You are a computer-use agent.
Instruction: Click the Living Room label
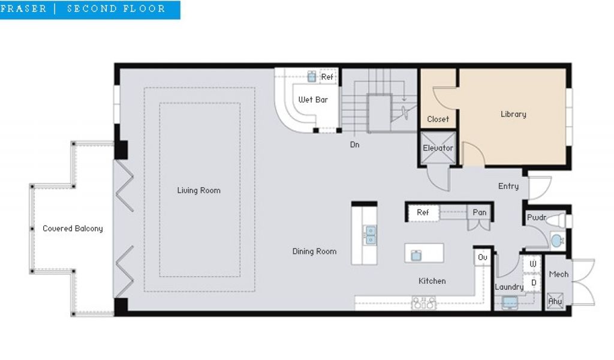pyautogui.click(x=198, y=190)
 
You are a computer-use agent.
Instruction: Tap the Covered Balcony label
pyautogui.click(x=73, y=229)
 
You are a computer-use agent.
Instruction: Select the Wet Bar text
pyautogui.click(x=313, y=100)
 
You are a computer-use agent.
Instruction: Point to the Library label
pyautogui.click(x=513, y=114)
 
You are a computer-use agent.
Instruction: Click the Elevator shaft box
pyautogui.click(x=438, y=148)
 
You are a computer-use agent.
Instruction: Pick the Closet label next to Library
pyautogui.click(x=438, y=119)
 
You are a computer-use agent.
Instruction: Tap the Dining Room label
pyautogui.click(x=314, y=251)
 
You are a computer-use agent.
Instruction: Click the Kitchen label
pyautogui.click(x=432, y=281)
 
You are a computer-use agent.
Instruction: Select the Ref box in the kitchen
pyautogui.click(x=423, y=213)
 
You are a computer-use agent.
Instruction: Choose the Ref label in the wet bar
pyautogui.click(x=327, y=77)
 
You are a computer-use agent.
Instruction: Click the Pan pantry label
pyautogui.click(x=479, y=212)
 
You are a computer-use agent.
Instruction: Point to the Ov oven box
pyautogui.click(x=483, y=257)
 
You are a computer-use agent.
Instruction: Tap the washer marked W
pyautogui.click(x=532, y=263)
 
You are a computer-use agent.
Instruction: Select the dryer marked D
pyautogui.click(x=533, y=283)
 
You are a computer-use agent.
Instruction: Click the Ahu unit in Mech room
pyautogui.click(x=555, y=301)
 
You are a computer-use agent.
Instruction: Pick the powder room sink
pyautogui.click(x=556, y=240)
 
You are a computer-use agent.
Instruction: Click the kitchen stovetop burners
pyautogui.click(x=424, y=303)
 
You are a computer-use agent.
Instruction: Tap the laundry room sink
pyautogui.click(x=510, y=302)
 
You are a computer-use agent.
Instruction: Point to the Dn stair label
pyautogui.click(x=354, y=145)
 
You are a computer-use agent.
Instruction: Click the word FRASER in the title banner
pyautogui.click(x=23, y=8)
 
